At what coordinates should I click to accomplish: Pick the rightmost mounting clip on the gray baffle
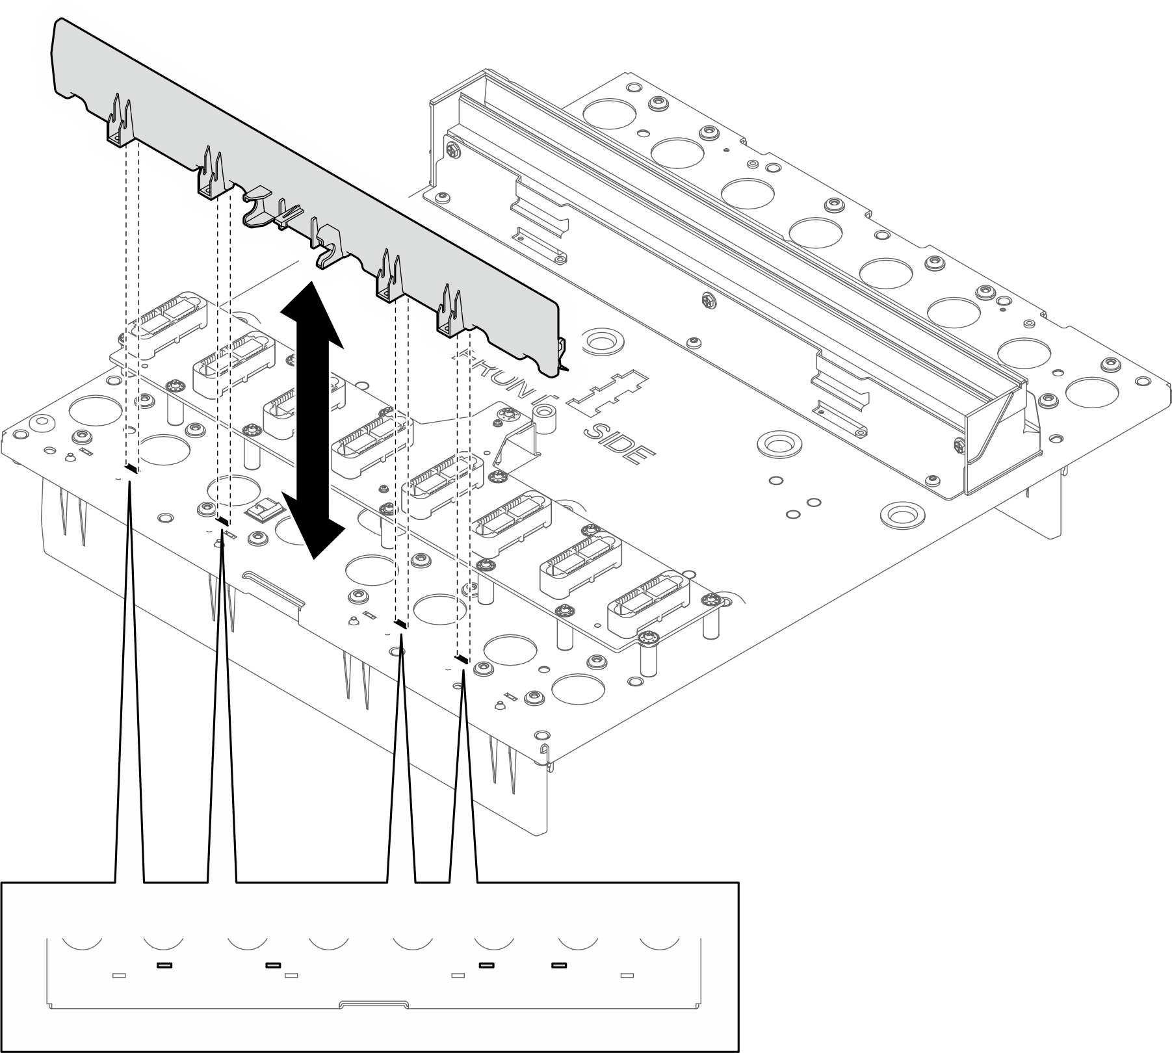pyautogui.click(x=452, y=312)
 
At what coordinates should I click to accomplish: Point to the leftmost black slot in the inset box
pyautogui.click(x=164, y=965)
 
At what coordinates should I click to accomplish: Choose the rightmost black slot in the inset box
pyautogui.click(x=558, y=965)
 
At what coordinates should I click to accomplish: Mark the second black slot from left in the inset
pyautogui.click(x=272, y=965)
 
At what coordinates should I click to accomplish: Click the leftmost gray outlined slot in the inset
pyautogui.click(x=119, y=975)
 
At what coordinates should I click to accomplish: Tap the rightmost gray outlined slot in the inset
pyautogui.click(x=627, y=975)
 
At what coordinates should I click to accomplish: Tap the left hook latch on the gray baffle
pyautogui.click(x=255, y=208)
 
